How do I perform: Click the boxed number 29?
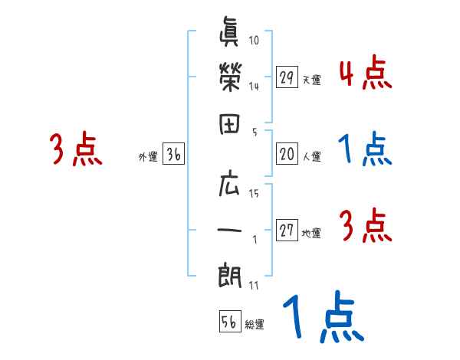click(x=287, y=77)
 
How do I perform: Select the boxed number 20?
click(x=287, y=155)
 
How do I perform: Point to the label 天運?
click(x=311, y=80)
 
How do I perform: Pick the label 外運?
click(x=148, y=158)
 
